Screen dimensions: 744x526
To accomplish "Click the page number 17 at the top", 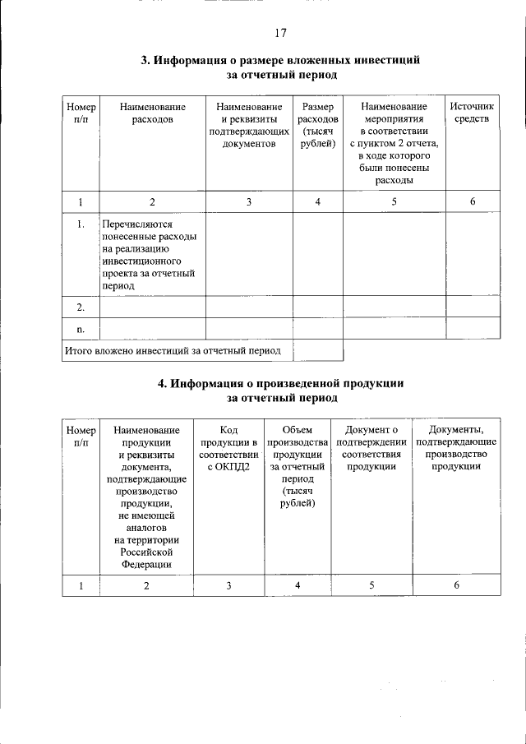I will [x=280, y=33].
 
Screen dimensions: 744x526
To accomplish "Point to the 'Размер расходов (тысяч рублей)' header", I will [x=317, y=126].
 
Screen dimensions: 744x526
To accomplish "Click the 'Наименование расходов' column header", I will [x=152, y=113].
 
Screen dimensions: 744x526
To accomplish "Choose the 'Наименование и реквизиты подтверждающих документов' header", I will [x=248, y=126].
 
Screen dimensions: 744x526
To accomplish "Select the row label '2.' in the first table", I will [x=81, y=307].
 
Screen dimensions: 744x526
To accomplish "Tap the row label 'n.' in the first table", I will [x=81, y=329].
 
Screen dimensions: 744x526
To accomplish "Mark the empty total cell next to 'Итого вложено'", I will [x=317, y=350].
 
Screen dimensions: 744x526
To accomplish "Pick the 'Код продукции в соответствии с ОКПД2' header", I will [x=228, y=448].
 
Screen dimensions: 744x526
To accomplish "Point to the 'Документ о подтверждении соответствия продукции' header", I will [x=371, y=448].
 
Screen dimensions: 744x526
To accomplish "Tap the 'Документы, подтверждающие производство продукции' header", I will [x=456, y=448].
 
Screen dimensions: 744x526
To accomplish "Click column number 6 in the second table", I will [x=456, y=585].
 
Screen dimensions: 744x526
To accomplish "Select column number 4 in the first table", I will [x=317, y=202].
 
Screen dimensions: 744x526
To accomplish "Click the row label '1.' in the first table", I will [x=81, y=224].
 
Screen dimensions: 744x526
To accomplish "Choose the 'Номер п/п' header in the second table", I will [x=81, y=436].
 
